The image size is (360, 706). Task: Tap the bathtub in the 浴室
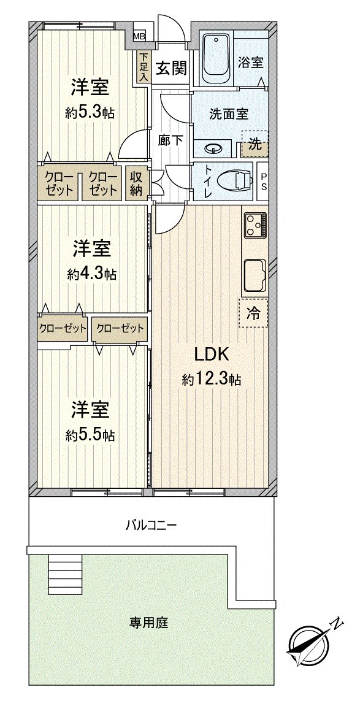[215, 59]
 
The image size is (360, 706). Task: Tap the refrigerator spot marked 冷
[255, 314]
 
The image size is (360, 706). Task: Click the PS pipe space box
[263, 182]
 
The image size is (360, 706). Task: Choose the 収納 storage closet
[136, 183]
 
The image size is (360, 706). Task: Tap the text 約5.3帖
[90, 113]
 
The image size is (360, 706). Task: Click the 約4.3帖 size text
[92, 273]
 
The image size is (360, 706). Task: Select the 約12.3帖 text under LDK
[211, 380]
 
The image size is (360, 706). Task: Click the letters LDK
[212, 355]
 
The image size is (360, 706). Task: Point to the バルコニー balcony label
[151, 525]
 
